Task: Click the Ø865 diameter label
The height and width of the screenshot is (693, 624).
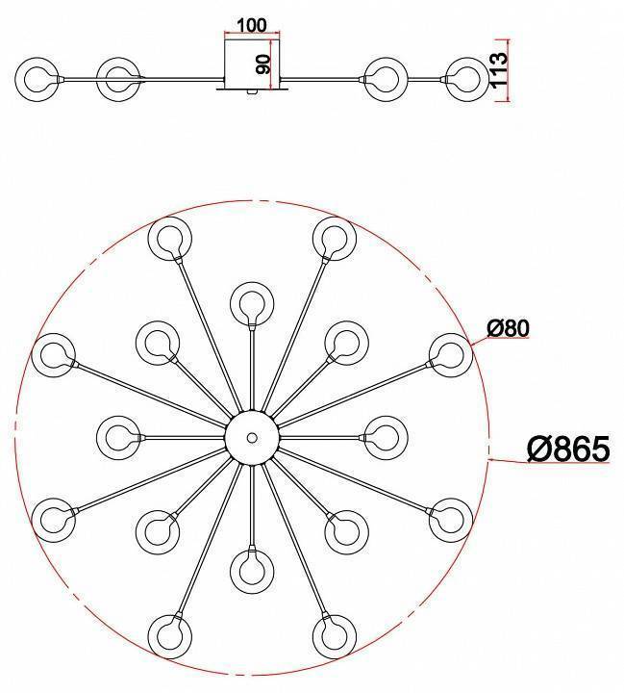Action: pyautogui.click(x=568, y=449)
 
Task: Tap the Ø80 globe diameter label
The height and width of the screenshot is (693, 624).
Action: pyautogui.click(x=508, y=328)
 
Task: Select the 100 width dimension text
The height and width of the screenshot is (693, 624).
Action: pyautogui.click(x=252, y=25)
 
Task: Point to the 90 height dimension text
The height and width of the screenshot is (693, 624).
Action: pyautogui.click(x=263, y=64)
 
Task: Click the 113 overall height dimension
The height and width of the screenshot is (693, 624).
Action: pyautogui.click(x=499, y=71)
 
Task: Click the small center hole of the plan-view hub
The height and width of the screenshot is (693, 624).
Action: pyautogui.click(x=252, y=438)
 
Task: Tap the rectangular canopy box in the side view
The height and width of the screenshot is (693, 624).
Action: pyautogui.click(x=252, y=64)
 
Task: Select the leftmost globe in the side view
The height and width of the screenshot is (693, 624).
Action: pyautogui.click(x=37, y=80)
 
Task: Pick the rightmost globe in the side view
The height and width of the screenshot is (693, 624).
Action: pyautogui.click(x=467, y=80)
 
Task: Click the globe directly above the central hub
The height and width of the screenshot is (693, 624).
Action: pyautogui.click(x=252, y=304)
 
